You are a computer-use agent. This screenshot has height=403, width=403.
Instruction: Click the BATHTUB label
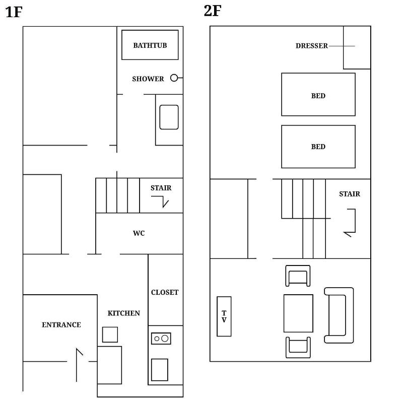(x=150, y=45)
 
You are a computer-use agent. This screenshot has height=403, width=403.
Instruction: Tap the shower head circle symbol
(x=174, y=78)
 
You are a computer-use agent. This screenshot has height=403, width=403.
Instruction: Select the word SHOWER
(x=148, y=79)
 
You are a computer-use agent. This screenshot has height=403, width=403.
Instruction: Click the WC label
(x=139, y=233)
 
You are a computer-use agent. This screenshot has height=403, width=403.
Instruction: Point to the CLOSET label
(x=165, y=292)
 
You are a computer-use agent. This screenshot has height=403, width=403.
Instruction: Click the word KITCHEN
(x=123, y=313)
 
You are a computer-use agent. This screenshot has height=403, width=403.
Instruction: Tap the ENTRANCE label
(x=61, y=325)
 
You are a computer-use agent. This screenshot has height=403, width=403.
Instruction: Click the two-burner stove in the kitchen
(x=161, y=339)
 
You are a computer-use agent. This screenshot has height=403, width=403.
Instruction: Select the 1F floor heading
(x=14, y=12)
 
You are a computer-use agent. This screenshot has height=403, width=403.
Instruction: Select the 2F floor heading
(x=213, y=11)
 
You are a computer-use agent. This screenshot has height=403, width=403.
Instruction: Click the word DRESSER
(x=312, y=46)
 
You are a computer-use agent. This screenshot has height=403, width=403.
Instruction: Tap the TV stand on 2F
(x=224, y=316)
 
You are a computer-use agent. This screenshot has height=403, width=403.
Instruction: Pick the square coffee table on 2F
(x=298, y=313)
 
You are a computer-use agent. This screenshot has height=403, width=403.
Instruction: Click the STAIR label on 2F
(x=350, y=194)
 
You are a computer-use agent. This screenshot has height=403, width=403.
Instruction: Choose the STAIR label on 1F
(x=161, y=188)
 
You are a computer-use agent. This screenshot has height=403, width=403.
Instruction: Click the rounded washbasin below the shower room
(x=169, y=117)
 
